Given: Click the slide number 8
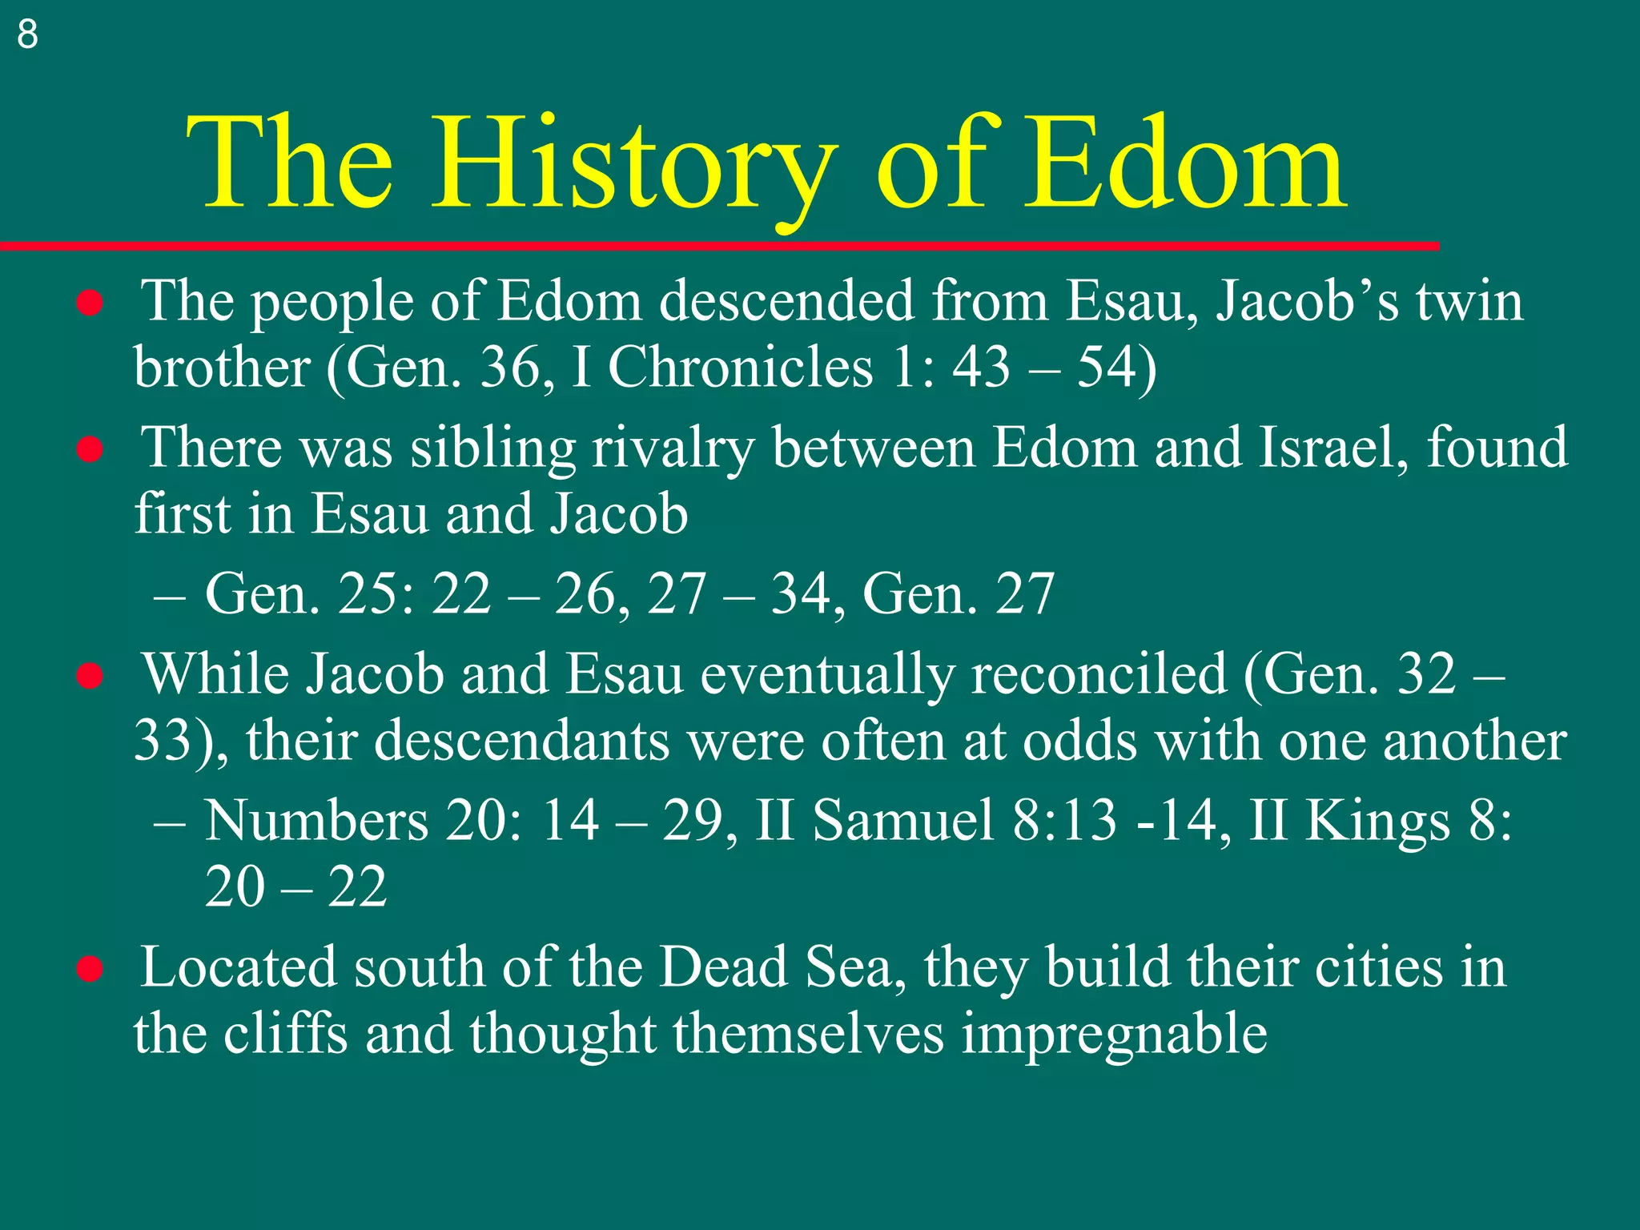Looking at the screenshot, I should [x=27, y=34].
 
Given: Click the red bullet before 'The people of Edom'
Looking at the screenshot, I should [x=90, y=303].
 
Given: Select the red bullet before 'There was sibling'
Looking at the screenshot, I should [x=90, y=449].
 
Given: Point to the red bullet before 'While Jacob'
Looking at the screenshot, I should [x=90, y=676].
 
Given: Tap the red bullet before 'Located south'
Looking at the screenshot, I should [x=90, y=969].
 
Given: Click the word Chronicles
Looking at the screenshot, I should [x=740, y=368].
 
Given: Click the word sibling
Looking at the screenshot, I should [x=493, y=448].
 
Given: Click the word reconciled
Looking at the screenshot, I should [x=1099, y=674].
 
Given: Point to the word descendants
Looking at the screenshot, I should [x=521, y=741].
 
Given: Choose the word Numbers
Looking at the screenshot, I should [x=316, y=821].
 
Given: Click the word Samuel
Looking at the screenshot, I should [x=902, y=821].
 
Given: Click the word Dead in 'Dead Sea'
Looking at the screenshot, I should [x=723, y=967].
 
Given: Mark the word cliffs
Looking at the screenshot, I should [x=285, y=1034].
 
